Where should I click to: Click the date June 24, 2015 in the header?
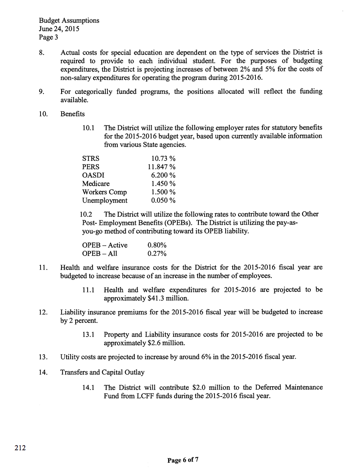tap(59, 29)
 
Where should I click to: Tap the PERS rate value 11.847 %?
tap(162, 167)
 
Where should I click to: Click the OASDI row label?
tap(93, 175)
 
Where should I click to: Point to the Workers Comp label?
tap(105, 192)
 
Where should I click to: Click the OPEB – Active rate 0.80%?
tap(157, 245)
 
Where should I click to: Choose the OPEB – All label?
tap(100, 253)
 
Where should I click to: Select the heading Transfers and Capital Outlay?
tap(103, 372)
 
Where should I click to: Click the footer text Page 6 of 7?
tap(183, 460)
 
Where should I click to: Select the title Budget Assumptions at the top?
tap(69, 20)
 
